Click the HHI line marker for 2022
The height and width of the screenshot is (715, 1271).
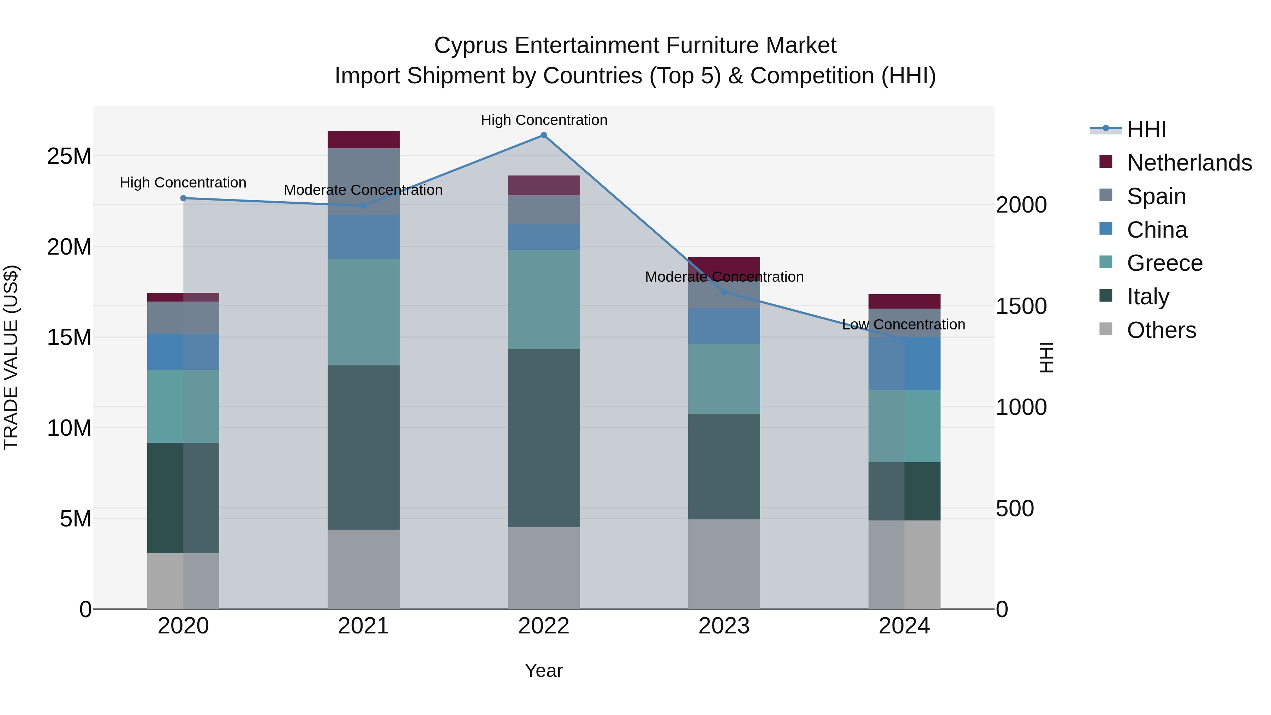544,135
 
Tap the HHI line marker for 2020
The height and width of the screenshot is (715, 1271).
183,198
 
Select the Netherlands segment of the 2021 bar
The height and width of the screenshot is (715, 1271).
364,139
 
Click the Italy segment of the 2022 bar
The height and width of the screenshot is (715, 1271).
544,438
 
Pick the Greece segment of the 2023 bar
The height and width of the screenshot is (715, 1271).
724,379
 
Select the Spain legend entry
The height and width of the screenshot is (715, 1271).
1156,196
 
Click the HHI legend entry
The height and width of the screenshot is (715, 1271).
1146,129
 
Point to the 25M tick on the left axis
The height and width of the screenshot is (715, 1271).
69,156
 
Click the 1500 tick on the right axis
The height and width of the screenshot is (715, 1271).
1021,306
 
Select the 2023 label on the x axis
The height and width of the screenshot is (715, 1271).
724,626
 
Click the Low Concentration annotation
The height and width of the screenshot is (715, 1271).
903,325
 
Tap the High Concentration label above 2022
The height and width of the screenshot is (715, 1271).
544,120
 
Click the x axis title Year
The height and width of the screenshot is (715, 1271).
543,671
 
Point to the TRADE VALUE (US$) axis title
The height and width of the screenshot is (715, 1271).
11,357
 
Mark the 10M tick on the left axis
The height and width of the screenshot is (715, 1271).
69,428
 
